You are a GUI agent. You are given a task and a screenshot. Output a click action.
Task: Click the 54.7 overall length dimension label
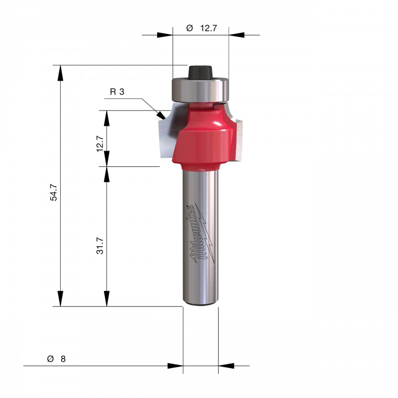point(54,193)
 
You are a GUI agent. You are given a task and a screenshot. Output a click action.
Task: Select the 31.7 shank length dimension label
point(100,246)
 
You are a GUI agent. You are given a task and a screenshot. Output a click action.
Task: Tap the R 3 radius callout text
point(117,92)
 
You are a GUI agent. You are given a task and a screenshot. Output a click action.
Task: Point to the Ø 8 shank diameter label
point(56,359)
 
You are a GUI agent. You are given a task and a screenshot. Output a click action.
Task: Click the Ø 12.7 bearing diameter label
point(201,28)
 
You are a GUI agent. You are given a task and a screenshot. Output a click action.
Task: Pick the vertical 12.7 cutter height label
point(100,144)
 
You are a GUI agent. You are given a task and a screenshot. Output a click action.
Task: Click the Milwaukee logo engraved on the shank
point(202,233)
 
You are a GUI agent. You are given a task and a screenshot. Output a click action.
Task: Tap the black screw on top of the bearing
point(200,73)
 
